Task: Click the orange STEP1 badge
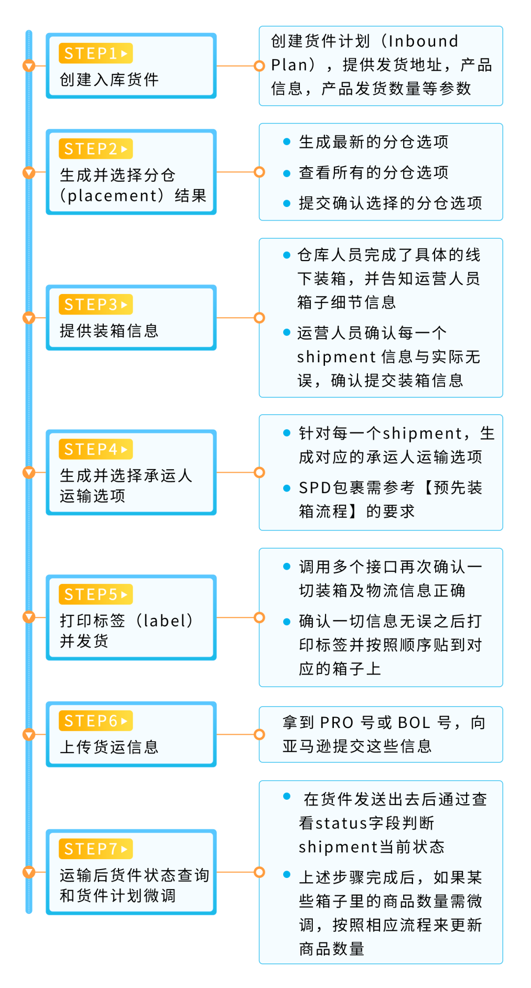(x=95, y=53)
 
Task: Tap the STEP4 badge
(x=95, y=449)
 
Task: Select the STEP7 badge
(x=95, y=848)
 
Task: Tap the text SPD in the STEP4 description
(x=315, y=488)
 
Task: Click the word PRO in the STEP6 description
(x=337, y=723)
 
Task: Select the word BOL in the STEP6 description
(x=414, y=723)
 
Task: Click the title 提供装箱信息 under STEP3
(x=109, y=331)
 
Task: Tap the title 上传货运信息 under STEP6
(x=109, y=747)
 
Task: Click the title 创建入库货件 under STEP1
(x=109, y=80)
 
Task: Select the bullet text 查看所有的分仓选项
(x=374, y=173)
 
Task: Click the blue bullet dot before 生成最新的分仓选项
(x=287, y=142)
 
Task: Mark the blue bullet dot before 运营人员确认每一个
(x=287, y=333)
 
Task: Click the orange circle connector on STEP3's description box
(x=259, y=318)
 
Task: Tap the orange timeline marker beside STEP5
(x=29, y=617)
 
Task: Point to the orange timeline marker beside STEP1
(x=29, y=65)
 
